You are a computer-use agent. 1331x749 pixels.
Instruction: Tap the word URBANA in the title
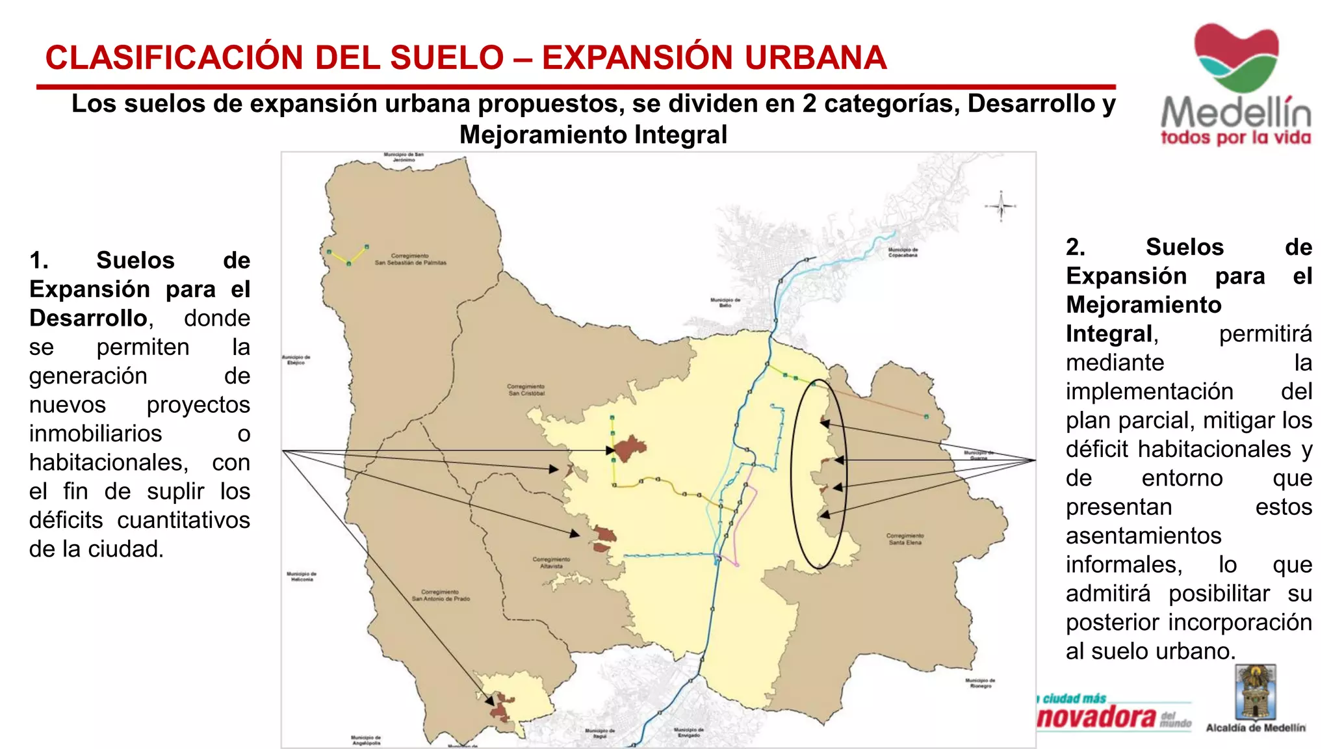coord(816,58)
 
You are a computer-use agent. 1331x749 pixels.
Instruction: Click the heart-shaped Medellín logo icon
coord(1235,57)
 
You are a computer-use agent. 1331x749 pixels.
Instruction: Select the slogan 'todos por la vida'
coord(1235,138)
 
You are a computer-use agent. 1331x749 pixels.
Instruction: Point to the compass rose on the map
coord(1001,206)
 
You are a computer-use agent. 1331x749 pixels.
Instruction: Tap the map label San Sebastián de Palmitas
coord(410,259)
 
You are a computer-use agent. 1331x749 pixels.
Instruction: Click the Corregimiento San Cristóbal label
coord(526,390)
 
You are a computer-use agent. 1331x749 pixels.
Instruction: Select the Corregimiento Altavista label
coord(551,562)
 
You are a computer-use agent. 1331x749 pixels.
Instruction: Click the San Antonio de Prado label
coord(441,596)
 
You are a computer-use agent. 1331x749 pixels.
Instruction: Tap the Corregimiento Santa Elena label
coord(905,539)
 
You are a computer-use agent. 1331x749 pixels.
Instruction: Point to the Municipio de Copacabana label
coord(903,252)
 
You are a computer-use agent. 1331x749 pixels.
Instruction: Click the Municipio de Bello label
coord(725,302)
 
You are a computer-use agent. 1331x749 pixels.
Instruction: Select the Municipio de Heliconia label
coord(302,577)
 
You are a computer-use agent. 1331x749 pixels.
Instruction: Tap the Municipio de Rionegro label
coord(980,683)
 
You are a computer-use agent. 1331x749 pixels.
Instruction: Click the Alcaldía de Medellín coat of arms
coord(1255,692)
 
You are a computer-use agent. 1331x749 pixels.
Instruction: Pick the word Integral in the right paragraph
coord(1109,334)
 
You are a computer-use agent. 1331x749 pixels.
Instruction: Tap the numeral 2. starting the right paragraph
coord(1076,247)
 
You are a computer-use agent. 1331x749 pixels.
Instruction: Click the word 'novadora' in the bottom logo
coord(1098,716)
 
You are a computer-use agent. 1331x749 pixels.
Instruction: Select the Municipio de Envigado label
coord(689,733)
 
